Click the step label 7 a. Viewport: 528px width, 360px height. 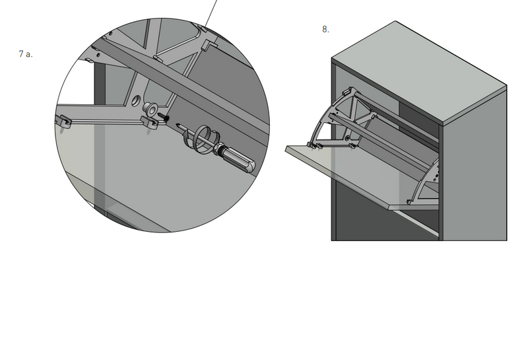(26, 54)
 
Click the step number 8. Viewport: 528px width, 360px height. (325, 29)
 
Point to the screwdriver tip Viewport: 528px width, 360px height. (177, 125)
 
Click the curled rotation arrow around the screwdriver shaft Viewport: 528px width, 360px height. (201, 138)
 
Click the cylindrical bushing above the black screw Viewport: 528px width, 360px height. (150, 108)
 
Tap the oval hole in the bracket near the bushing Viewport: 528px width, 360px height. (136, 100)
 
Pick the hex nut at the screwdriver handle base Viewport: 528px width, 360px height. (220, 149)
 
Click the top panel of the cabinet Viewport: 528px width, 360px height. (419, 73)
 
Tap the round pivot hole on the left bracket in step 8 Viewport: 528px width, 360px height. (347, 138)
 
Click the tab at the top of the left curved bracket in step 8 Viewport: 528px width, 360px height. (347, 91)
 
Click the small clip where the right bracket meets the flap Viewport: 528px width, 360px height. (409, 202)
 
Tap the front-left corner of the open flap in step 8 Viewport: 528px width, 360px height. (286, 150)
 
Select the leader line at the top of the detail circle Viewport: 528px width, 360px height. (211, 13)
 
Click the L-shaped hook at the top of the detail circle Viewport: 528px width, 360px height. (209, 45)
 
